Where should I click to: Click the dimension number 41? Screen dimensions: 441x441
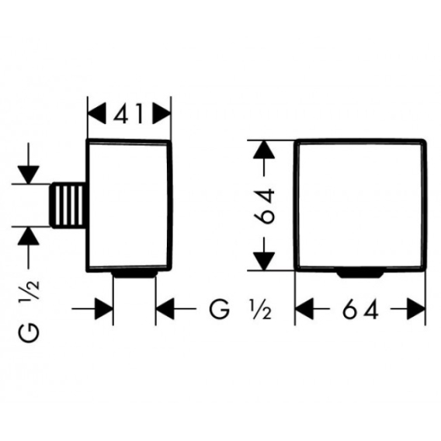pos(128,113)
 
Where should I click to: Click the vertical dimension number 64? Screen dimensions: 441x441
pos(264,206)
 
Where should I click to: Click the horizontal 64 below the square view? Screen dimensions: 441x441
pos(360,309)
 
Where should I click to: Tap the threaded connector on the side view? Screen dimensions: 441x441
pos(68,205)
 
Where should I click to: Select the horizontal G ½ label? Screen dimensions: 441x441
pos(240,309)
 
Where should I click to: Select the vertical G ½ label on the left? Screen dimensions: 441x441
pos(29,311)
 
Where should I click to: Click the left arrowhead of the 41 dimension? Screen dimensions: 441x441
pos(97,113)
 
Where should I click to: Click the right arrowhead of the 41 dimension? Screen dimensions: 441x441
pos(161,113)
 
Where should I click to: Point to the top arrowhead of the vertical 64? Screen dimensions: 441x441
pos(264,149)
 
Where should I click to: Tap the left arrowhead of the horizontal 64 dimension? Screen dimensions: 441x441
pos(304,309)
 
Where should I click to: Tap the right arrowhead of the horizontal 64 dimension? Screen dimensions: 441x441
pos(415,309)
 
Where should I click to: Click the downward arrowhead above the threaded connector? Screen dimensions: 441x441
pos(28,175)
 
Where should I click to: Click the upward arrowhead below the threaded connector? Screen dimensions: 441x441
pos(28,236)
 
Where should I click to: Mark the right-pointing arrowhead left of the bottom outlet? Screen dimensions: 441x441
pos(104,309)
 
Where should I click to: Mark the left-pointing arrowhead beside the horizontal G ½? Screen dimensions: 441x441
pos(165,309)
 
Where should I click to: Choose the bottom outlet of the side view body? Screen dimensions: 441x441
pos(134,275)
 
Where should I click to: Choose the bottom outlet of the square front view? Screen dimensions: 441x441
pos(360,275)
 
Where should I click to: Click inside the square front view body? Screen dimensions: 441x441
pos(360,205)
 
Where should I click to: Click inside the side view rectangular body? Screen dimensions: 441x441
pos(129,205)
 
